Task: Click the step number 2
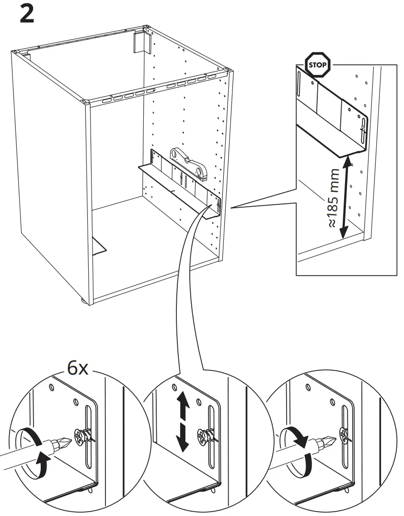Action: [27, 14]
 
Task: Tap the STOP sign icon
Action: [317, 64]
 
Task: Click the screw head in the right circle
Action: [344, 435]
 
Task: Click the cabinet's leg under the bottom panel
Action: [83, 301]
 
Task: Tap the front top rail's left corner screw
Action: [86, 102]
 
